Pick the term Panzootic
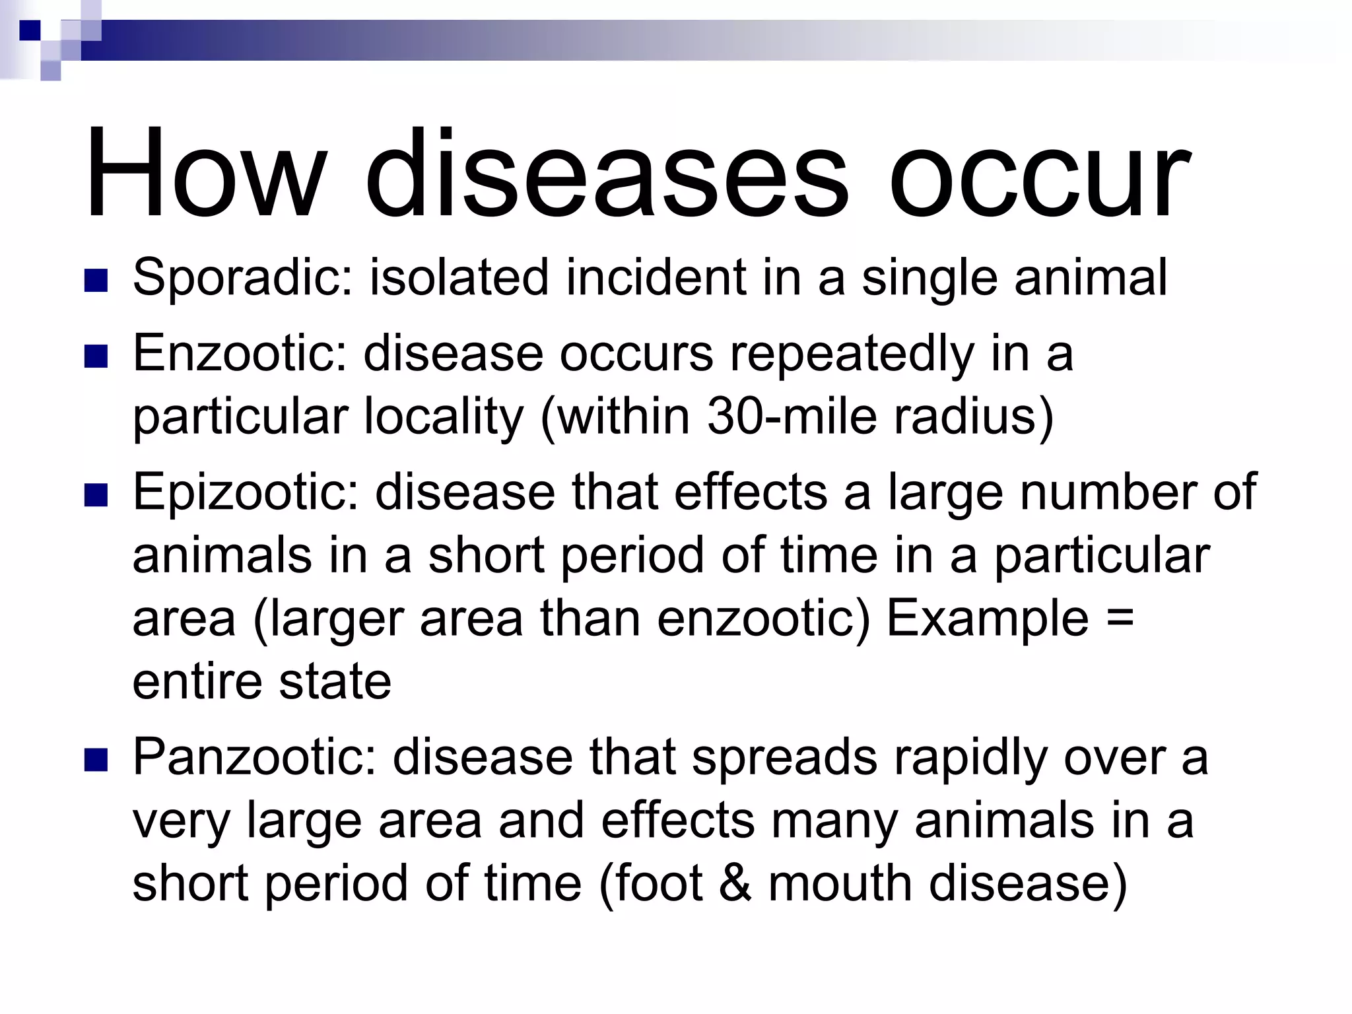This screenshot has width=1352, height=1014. [254, 757]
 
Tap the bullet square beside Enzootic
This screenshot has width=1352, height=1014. [96, 356]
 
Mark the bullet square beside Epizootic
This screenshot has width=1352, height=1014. [96, 495]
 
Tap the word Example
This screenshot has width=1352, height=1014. [987, 619]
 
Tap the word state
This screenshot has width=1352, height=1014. [335, 681]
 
